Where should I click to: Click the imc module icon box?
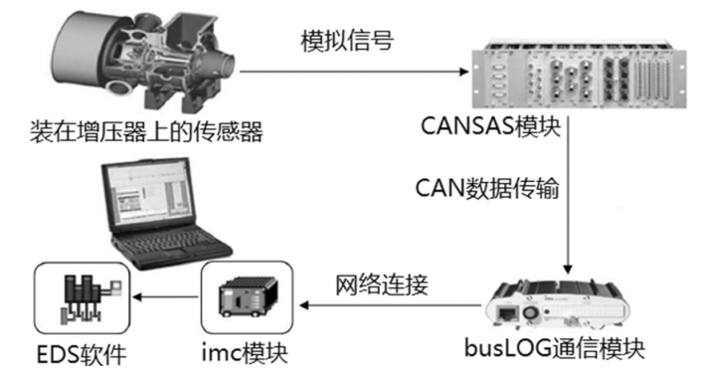pyautogui.click(x=247, y=296)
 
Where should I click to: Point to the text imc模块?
pyautogui.click(x=245, y=351)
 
